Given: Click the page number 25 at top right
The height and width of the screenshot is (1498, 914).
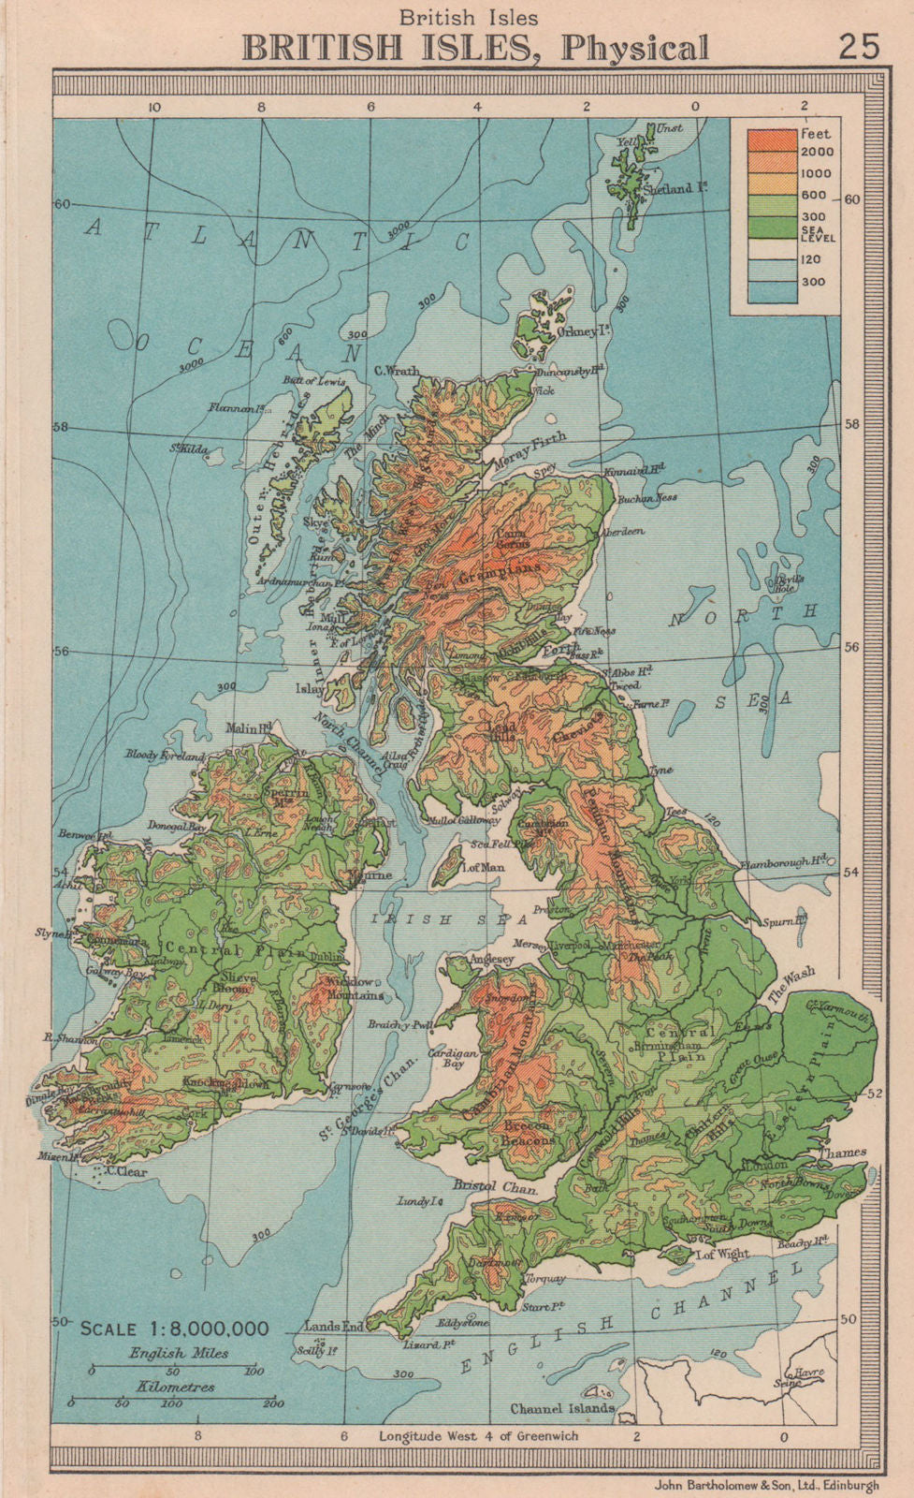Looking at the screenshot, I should click(859, 47).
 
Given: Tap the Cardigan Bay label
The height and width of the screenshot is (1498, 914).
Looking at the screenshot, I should click(446, 1058).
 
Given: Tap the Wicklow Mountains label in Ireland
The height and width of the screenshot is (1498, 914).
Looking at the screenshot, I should click(349, 989).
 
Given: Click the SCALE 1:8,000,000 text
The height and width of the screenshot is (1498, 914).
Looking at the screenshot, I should click(175, 1329).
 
